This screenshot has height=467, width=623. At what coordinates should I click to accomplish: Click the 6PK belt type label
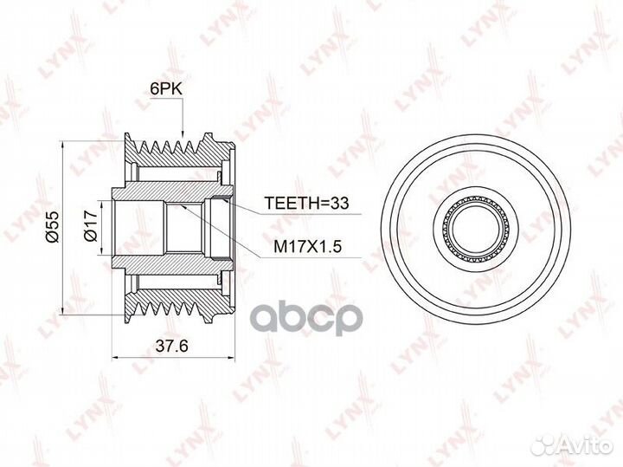click(165, 89)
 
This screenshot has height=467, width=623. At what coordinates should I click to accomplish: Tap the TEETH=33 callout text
click(306, 203)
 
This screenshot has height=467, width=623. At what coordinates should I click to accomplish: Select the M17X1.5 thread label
click(308, 247)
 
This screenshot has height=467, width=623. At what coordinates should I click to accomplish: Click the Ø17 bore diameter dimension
click(91, 226)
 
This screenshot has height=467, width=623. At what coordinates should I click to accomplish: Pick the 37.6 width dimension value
click(171, 346)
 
